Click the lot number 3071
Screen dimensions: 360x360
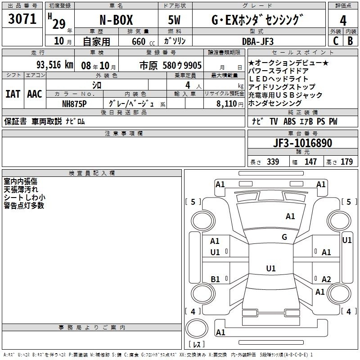coord(22,19)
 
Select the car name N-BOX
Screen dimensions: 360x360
coord(116,20)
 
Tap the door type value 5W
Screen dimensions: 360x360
coord(174,20)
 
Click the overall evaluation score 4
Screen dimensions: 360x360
coord(343,21)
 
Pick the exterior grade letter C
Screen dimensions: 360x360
coord(335,41)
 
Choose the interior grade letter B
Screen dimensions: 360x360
coord(350,41)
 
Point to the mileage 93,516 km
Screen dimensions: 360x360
coord(54,65)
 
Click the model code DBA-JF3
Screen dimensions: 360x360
coord(258,41)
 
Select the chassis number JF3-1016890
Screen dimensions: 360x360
coord(302,143)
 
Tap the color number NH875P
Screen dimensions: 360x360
coord(74,104)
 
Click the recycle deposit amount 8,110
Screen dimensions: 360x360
coord(227,104)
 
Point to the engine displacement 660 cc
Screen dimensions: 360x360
coord(143,42)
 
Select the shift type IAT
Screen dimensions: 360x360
coord(13,94)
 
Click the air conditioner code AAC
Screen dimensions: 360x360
coord(35,94)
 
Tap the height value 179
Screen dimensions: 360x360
coord(346,162)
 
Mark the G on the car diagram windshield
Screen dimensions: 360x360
coord(284,237)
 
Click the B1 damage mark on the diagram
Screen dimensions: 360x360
coord(215,279)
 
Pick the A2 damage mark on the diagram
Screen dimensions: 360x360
coord(326,279)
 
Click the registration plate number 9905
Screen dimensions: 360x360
coord(193,65)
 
